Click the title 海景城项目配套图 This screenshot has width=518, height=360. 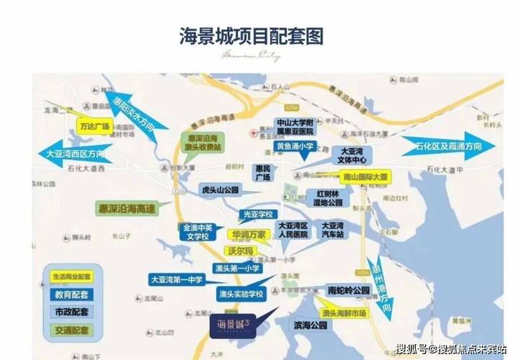pyautogui.click(x=251, y=35)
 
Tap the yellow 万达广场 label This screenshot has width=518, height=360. pyautogui.click(x=94, y=127)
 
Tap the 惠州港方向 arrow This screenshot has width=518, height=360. pyautogui.click(x=380, y=285)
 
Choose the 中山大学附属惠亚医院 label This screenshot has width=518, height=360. pyautogui.click(x=295, y=127)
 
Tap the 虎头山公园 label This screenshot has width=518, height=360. pyautogui.click(x=221, y=190)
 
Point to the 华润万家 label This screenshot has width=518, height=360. pyautogui.click(x=249, y=235)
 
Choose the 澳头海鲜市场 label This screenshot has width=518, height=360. pyautogui.click(x=344, y=313)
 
